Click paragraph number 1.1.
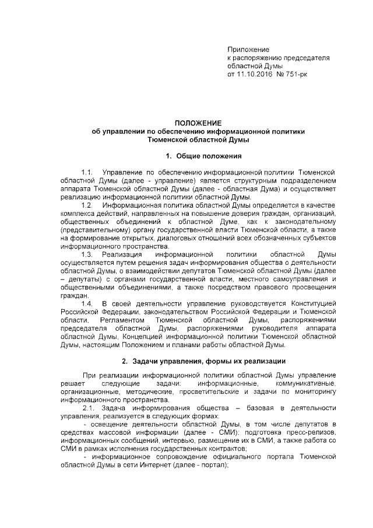88,173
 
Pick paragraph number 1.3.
88,255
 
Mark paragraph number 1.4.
88,304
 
